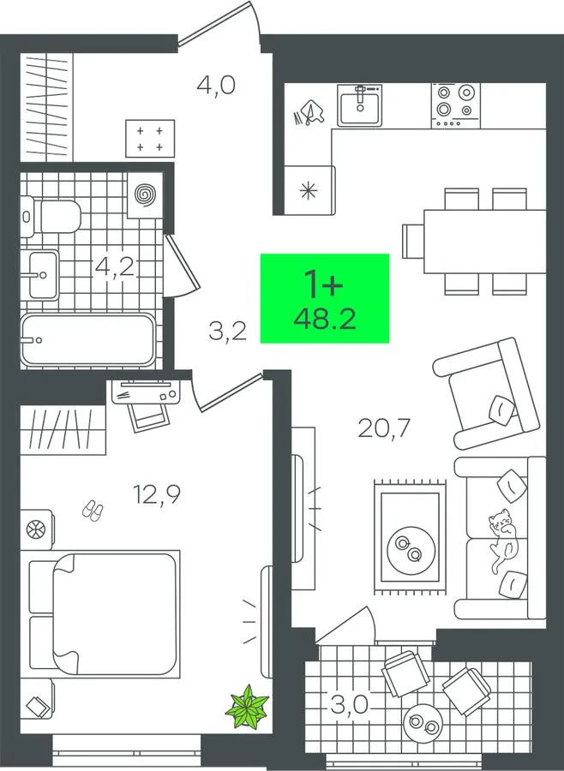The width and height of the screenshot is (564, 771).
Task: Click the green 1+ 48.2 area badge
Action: click(324, 298)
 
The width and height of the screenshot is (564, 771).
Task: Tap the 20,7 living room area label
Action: click(384, 428)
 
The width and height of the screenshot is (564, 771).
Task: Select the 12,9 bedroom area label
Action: click(157, 494)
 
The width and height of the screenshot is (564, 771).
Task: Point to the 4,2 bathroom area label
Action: click(115, 266)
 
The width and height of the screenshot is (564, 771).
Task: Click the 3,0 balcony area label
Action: click(350, 705)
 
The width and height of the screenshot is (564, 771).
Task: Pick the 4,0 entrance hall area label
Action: click(215, 85)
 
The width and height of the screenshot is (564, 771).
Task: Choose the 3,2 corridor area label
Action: click(227, 331)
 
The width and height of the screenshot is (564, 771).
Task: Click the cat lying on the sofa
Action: click(502, 540)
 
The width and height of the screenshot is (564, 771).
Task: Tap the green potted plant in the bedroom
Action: click(247, 707)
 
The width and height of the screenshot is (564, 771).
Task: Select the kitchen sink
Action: click(360, 105)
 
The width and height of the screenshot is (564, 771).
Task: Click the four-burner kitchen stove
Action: click(456, 105)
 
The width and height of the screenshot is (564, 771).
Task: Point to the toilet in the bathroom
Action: click(51, 217)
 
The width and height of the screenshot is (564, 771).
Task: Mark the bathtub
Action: click(88, 340)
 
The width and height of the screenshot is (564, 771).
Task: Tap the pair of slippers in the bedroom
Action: click(93, 511)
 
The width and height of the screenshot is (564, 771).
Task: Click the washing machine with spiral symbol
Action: click(145, 195)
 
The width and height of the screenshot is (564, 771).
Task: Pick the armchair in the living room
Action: click(486, 393)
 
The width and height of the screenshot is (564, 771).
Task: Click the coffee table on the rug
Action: click(411, 550)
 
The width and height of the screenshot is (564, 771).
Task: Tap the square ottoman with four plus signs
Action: click(150, 139)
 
